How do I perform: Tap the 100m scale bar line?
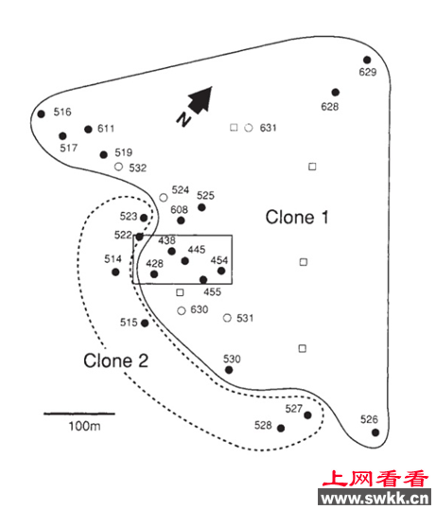tap(79, 413)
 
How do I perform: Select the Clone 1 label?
tap(297, 217)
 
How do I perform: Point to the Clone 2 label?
tap(115, 361)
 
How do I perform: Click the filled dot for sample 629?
tap(367, 60)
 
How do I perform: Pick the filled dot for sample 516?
tap(41, 114)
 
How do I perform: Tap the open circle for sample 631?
tap(249, 128)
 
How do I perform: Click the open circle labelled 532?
tap(118, 167)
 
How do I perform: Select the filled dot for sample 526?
tap(375, 432)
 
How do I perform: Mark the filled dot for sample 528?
tap(281, 428)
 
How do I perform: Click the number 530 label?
tap(232, 360)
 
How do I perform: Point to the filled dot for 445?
tap(184, 261)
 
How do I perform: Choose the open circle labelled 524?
tap(164, 198)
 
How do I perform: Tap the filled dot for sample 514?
tap(115, 272)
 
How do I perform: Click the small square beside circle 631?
tap(234, 127)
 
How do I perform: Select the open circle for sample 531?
tap(227, 318)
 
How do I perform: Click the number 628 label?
tap(330, 107)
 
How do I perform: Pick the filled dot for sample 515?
tap(145, 323)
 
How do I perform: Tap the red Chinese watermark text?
tap(375, 479)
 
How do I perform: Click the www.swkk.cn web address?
tap(375, 498)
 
